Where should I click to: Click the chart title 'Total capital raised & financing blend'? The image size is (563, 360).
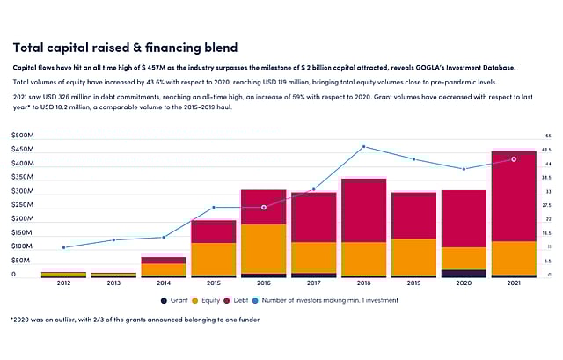(x=124, y=46)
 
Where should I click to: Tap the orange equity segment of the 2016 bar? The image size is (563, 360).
(x=263, y=249)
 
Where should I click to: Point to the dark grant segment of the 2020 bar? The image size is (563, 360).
(x=464, y=274)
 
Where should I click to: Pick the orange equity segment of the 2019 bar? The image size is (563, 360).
(x=413, y=257)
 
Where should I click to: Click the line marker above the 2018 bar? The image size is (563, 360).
(x=363, y=147)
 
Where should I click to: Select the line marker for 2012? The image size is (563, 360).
(x=63, y=247)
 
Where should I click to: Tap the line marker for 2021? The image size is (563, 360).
(x=514, y=159)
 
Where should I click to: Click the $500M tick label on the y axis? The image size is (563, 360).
(x=23, y=136)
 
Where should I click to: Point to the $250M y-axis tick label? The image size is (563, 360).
(x=23, y=205)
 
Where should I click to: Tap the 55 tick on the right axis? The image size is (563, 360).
(x=548, y=136)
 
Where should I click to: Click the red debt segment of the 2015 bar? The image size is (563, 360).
(x=213, y=231)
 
